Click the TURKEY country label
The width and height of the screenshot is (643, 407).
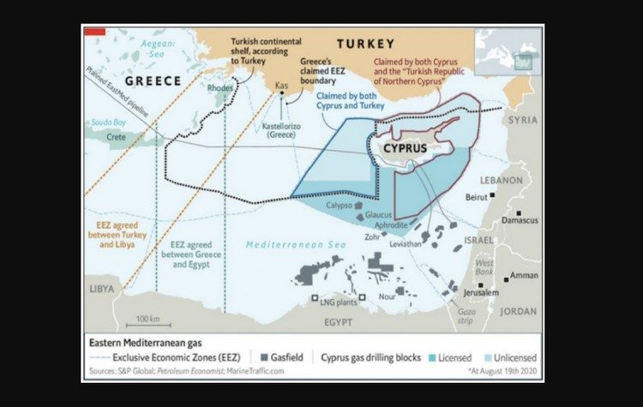365,44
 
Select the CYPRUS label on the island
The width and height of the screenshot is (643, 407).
406,147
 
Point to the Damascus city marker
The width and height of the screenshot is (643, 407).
519,212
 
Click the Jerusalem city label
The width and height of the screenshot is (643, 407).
481,292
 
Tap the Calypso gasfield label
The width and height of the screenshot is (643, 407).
339,206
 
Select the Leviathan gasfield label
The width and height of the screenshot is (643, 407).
405,244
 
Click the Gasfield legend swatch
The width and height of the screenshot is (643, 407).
257,356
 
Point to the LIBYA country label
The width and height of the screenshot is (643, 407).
100,289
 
